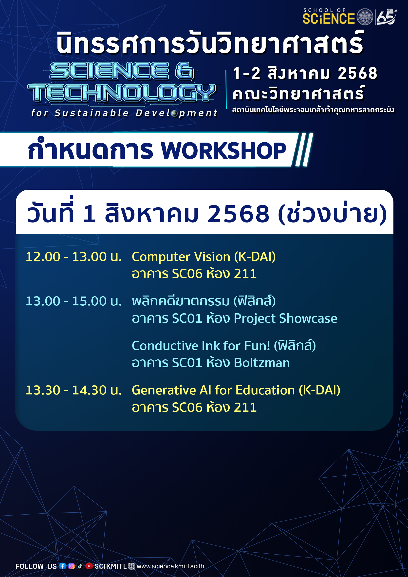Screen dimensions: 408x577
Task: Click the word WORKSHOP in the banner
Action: pyautogui.click(x=223, y=151)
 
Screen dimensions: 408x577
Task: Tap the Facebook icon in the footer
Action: pyautogui.click(x=63, y=566)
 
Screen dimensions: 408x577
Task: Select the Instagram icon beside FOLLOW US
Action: pyautogui.click(x=71, y=566)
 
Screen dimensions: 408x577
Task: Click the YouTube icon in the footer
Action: pyautogui.click(x=89, y=566)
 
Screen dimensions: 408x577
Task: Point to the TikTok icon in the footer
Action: pyautogui.click(x=80, y=566)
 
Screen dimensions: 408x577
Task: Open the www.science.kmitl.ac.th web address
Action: pyautogui.click(x=170, y=566)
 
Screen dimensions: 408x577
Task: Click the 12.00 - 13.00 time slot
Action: pyautogui.click(x=74, y=257)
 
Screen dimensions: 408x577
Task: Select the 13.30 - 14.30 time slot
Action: pyautogui.click(x=74, y=390)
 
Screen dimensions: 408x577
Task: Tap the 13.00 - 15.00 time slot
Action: pyautogui.click(x=74, y=301)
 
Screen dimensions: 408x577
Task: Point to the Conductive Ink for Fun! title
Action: pyautogui.click(x=201, y=346)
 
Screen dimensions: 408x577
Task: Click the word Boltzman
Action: pyautogui.click(x=261, y=363)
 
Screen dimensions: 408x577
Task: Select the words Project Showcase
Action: pyautogui.click(x=285, y=319)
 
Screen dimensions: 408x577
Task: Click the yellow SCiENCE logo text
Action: pyautogui.click(x=329, y=19)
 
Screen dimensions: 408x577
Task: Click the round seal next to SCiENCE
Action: pyautogui.click(x=365, y=17)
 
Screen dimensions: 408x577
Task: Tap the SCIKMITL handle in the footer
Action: pyautogui.click(x=111, y=566)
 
